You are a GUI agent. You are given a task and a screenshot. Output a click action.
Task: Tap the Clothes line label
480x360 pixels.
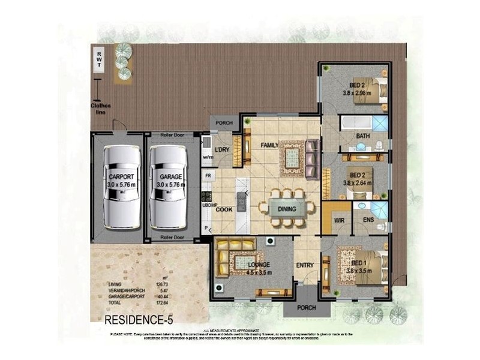101,109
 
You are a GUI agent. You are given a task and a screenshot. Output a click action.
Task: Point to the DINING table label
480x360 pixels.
287,209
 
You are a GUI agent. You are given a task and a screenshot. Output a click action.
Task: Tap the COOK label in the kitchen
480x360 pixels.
223,209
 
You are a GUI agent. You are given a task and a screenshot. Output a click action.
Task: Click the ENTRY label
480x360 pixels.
305,265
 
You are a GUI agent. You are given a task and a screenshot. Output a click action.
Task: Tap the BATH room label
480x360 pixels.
362,136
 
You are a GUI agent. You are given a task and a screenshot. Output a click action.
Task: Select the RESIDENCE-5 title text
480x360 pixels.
139,319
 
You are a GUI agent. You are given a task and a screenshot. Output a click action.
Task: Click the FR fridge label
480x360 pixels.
208,175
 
